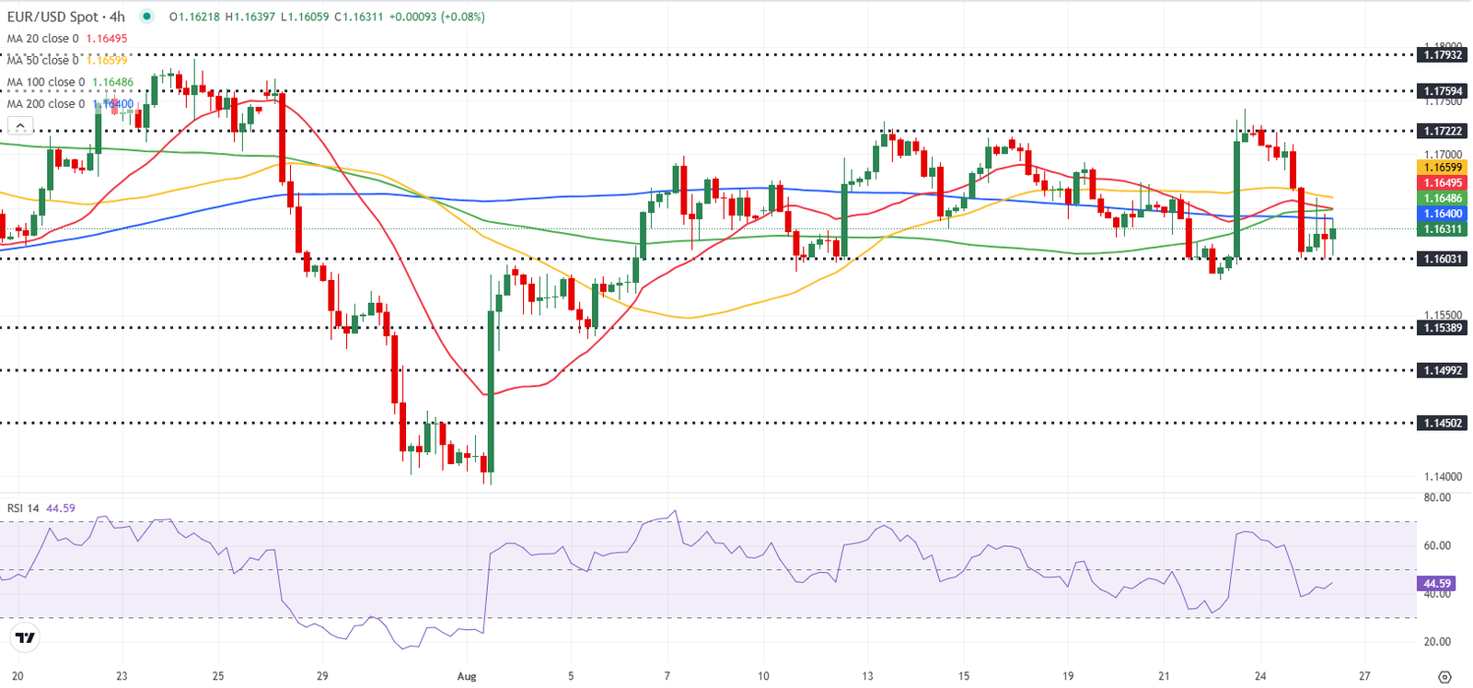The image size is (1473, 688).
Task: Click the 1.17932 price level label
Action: coord(1443,55)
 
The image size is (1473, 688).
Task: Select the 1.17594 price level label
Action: coord(1443,91)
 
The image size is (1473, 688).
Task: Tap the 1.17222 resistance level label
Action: coord(1443,131)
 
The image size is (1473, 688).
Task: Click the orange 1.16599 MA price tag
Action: coord(1443,168)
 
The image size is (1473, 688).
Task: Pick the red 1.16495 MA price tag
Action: coord(1443,183)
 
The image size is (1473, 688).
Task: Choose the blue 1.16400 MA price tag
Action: coord(1443,214)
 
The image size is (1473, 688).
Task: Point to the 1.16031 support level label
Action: coord(1443,259)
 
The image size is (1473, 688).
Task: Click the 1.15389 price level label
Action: coord(1443,328)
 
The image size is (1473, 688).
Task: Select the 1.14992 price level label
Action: coord(1443,371)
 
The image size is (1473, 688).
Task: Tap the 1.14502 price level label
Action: coord(1443,424)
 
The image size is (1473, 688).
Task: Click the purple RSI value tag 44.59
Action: coord(1437,584)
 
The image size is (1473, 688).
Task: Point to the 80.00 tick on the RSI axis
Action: coord(1437,497)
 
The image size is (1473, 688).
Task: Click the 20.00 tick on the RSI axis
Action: coord(1437,642)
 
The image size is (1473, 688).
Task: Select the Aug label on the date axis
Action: coord(467,676)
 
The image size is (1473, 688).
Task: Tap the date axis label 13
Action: coord(866,676)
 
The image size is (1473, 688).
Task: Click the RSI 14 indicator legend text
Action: coord(24,508)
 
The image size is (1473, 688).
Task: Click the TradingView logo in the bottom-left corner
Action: coord(25,637)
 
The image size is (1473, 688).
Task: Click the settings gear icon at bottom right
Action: coord(1444,677)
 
